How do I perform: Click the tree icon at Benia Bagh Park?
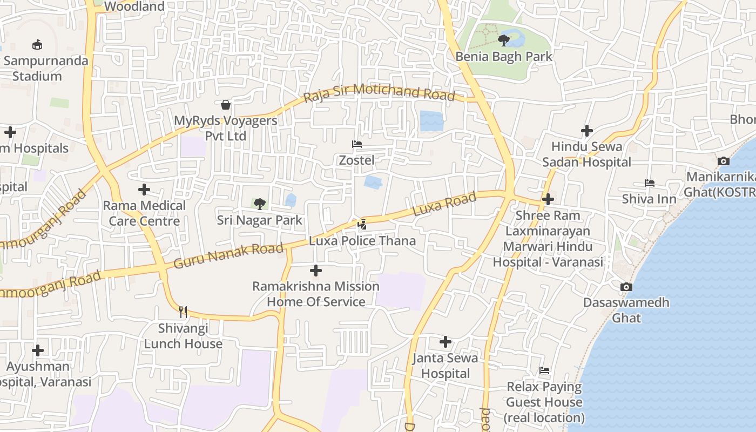pyautogui.click(x=503, y=40)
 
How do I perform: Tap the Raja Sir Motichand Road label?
pyautogui.click(x=379, y=93)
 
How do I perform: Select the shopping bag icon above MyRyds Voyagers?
pyautogui.click(x=226, y=104)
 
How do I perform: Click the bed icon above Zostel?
pyautogui.click(x=356, y=144)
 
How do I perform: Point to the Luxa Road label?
pyautogui.click(x=444, y=204)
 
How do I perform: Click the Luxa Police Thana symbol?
pyautogui.click(x=362, y=224)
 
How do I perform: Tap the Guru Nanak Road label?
pyautogui.click(x=228, y=256)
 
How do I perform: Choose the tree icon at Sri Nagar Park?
pyautogui.click(x=260, y=204)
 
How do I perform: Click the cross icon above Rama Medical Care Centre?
pyautogui.click(x=144, y=190)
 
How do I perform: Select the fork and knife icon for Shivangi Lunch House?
pyautogui.click(x=183, y=312)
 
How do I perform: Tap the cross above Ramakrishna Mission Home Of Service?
pyautogui.click(x=316, y=270)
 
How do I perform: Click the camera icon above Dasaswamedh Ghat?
pyautogui.click(x=626, y=287)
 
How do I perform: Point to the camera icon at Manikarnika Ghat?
pyautogui.click(x=723, y=161)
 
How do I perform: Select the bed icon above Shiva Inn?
pyautogui.click(x=649, y=183)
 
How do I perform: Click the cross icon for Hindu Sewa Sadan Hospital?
pyautogui.click(x=587, y=131)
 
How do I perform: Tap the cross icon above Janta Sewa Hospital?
pyautogui.click(x=446, y=342)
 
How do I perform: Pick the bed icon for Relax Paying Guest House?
pyautogui.click(x=544, y=370)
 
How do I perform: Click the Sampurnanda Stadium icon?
pyautogui.click(x=37, y=44)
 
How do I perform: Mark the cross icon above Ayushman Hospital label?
pyautogui.click(x=38, y=350)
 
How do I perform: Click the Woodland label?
pyautogui.click(x=134, y=6)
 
